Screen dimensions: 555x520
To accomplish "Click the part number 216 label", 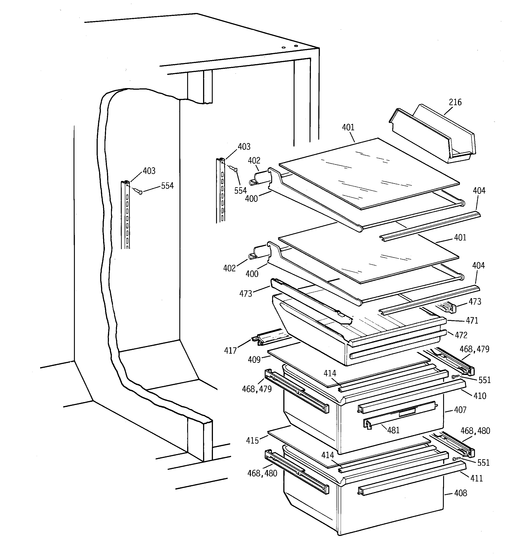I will coord(455,102).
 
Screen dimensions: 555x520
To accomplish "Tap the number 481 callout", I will coord(393,430).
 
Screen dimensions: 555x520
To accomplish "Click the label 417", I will coord(230,351).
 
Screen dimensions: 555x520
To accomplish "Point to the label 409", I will coord(254,360).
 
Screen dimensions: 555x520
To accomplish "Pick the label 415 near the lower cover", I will coord(252,441).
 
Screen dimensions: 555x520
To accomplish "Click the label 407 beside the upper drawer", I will coord(460,410).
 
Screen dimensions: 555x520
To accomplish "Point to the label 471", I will coord(472,320).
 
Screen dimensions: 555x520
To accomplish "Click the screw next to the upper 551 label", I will coord(455,377).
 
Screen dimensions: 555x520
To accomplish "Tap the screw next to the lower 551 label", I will coord(455,459).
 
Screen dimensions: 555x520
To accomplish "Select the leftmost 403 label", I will coord(149,171).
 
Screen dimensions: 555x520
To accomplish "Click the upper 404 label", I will coord(479,191).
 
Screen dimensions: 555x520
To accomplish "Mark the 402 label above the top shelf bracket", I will coord(254,161).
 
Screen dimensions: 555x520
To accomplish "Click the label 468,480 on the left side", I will coord(262,473).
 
